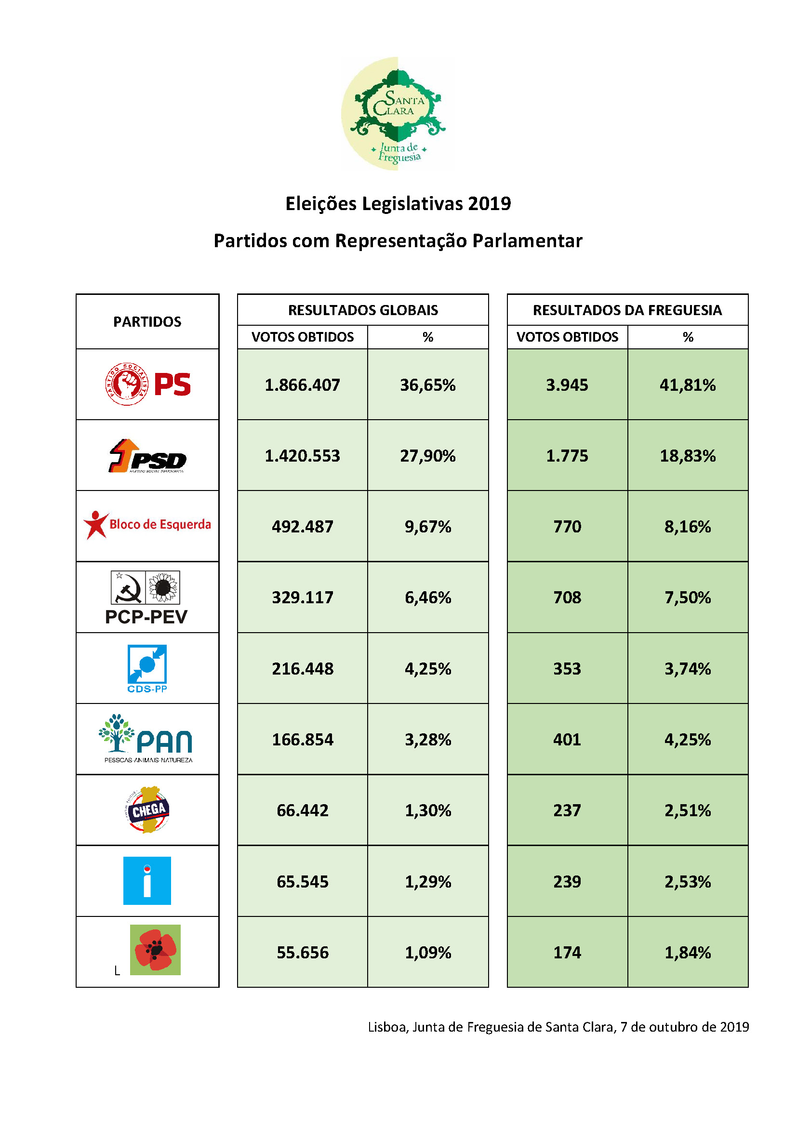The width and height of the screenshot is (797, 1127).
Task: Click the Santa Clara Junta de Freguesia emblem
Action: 398,113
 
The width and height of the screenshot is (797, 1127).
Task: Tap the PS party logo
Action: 148,384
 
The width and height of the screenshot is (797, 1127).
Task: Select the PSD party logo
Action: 147,456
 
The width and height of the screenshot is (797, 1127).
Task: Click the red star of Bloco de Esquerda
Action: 95,524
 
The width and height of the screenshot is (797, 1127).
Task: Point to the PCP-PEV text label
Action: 146,617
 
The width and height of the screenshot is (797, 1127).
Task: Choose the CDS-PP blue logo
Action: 147,667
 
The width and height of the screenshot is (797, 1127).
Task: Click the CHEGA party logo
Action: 147,810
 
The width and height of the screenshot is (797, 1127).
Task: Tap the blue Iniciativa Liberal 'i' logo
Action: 147,881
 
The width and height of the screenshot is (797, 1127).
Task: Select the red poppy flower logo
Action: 155,950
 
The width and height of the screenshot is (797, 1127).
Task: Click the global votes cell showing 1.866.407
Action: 302,385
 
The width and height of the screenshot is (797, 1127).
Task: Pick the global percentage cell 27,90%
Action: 427,456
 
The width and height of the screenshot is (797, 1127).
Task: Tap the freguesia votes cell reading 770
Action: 567,527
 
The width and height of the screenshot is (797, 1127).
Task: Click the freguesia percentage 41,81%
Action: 687,385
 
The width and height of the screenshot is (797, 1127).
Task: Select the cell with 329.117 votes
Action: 302,597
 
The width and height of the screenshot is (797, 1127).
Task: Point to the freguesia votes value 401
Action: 567,739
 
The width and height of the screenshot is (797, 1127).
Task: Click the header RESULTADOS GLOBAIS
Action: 363,310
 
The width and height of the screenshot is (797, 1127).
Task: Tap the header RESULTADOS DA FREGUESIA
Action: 627,310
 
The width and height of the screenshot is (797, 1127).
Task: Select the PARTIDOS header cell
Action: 147,321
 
